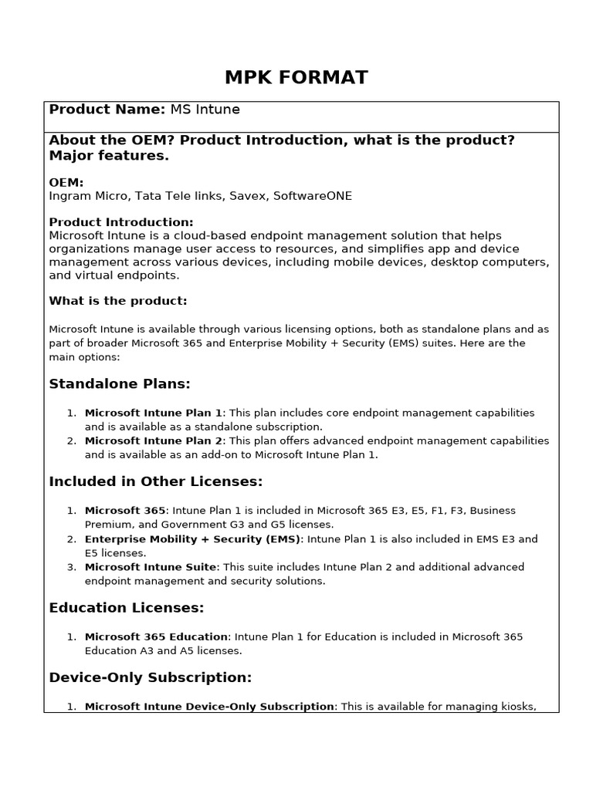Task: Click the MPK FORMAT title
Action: [296, 77]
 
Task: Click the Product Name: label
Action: [107, 110]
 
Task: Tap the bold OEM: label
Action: [66, 183]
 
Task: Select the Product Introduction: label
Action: [121, 222]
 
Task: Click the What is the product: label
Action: [118, 301]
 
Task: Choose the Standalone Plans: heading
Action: [120, 384]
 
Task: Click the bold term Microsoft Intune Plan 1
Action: [153, 413]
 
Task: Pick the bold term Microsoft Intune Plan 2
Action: [153, 441]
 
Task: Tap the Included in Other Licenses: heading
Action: [156, 482]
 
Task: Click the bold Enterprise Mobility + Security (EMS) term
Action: [194, 539]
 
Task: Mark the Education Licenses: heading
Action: [127, 608]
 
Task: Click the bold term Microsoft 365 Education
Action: [157, 637]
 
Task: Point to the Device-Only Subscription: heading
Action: [151, 678]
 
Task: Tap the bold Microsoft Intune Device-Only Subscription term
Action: [209, 707]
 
